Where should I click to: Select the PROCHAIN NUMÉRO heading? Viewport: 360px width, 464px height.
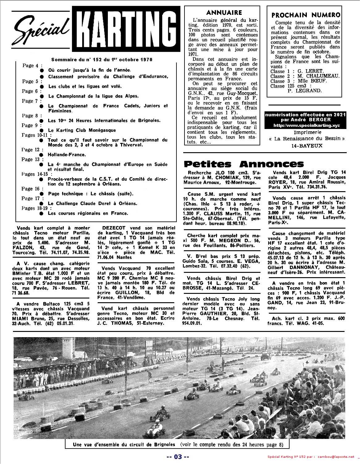pyautogui.click(x=306, y=15)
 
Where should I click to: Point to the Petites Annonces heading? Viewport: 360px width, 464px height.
pyautogui.click(x=244, y=164)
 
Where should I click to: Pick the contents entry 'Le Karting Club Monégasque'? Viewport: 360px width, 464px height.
pyautogui.click(x=82, y=130)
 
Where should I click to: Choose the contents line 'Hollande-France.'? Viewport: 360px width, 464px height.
pyautogui.click(x=67, y=155)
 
